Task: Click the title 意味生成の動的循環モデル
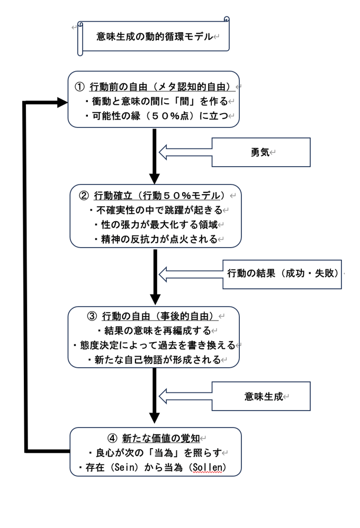(154, 37)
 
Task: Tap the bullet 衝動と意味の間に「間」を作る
(156, 102)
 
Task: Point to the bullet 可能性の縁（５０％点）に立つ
(156, 116)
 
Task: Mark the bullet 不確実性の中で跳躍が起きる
(156, 210)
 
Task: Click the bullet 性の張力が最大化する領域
(156, 224)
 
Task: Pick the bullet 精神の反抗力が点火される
(156, 239)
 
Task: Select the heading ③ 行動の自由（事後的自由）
(153, 316)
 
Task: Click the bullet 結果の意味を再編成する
(154, 331)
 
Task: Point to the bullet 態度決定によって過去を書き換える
(154, 345)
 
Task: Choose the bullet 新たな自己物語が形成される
(154, 360)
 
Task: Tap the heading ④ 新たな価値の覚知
(153, 438)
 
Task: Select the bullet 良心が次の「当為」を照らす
(154, 453)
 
